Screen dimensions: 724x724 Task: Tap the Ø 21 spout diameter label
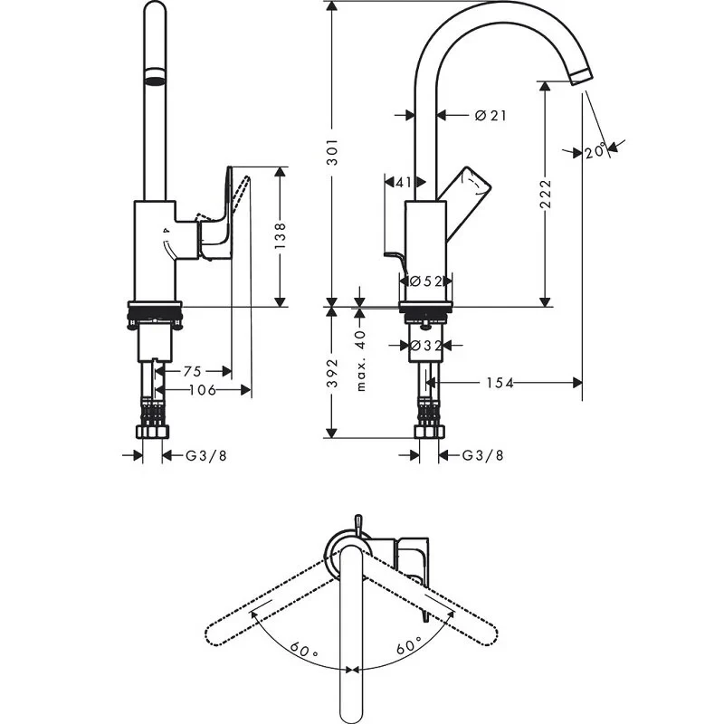click(490, 115)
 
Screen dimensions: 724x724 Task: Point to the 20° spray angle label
click(595, 151)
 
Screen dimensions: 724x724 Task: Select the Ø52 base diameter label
click(425, 281)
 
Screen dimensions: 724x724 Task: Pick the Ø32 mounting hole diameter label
click(425, 345)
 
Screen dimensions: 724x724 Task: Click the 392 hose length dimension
click(332, 374)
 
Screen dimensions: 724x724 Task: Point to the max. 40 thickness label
click(360, 360)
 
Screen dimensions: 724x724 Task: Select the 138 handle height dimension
click(281, 236)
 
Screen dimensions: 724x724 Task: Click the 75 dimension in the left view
click(193, 370)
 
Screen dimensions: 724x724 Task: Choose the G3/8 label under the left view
click(205, 455)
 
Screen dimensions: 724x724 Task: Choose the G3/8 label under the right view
click(482, 455)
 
